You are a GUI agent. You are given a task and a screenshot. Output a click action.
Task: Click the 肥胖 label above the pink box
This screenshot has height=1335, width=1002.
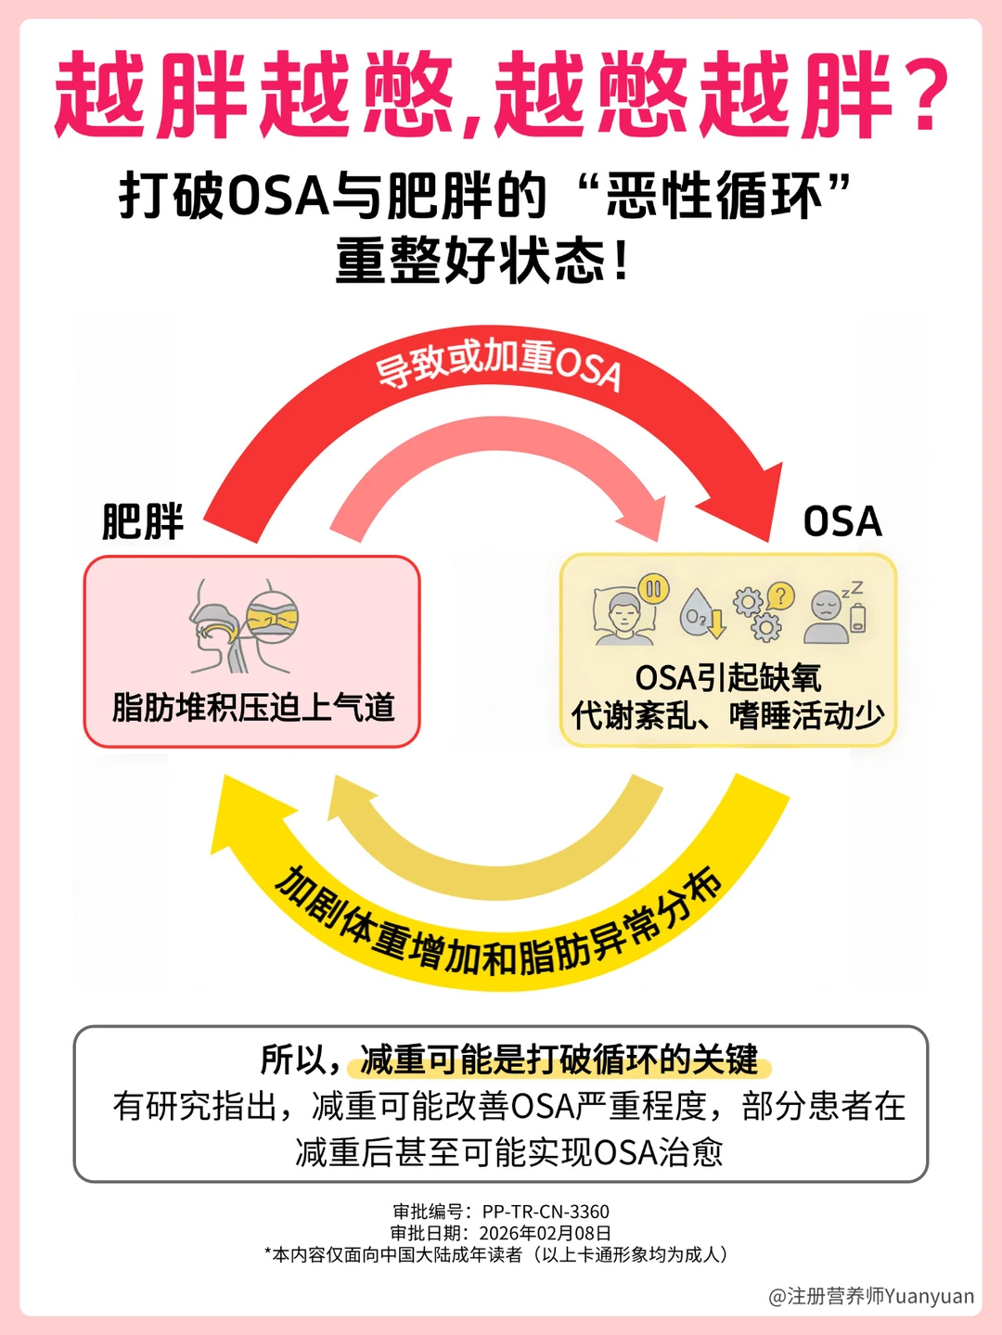143,521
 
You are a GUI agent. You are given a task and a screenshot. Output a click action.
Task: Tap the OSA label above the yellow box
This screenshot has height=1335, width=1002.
841,521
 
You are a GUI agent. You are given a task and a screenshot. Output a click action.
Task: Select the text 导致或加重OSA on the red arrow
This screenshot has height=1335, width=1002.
498,364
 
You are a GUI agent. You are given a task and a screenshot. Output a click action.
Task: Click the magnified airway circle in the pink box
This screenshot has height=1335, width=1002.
273,616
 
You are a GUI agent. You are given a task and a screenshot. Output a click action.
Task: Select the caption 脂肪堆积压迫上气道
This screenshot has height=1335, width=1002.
252,707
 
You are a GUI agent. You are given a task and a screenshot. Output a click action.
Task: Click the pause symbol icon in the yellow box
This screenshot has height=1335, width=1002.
654,589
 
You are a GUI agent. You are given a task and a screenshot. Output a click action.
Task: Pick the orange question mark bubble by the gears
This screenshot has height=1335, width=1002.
782,595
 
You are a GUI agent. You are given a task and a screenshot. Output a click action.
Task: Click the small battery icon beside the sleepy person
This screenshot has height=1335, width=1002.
858,618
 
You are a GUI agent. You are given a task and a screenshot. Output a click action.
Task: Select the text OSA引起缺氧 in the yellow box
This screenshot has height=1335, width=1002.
727,677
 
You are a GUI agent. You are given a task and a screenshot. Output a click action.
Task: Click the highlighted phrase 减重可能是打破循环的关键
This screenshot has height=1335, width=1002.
559,1059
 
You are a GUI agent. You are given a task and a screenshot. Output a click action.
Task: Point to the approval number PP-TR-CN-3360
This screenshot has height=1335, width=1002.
546,1212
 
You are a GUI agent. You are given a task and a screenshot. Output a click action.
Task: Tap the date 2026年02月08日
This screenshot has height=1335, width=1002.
545,1233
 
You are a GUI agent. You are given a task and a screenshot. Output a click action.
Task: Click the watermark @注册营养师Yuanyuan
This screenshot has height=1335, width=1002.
871,1296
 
